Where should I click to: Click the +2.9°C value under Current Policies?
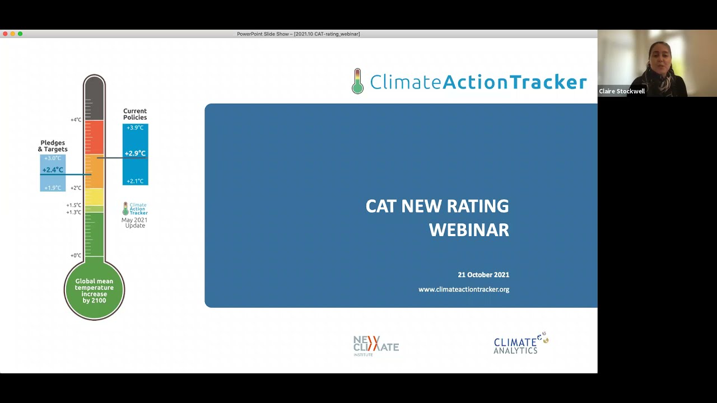[135, 153]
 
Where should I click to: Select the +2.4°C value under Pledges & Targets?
[53, 170]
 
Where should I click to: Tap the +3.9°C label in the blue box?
[135, 128]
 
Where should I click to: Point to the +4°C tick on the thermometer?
[76, 120]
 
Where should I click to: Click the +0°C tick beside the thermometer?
[76, 256]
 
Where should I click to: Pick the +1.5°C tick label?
[74, 205]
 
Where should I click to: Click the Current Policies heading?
[135, 114]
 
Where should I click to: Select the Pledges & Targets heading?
[53, 146]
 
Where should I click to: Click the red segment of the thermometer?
[94, 137]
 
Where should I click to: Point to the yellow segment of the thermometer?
[94, 196]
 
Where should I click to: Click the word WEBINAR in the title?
[469, 229]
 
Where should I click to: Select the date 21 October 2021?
[483, 275]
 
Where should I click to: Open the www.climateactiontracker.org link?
[464, 289]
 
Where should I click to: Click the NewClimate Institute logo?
[376, 346]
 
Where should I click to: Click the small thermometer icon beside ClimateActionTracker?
[357, 82]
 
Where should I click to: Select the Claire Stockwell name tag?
[622, 91]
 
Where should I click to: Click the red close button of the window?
[5, 34]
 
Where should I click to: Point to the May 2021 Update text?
[134, 223]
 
